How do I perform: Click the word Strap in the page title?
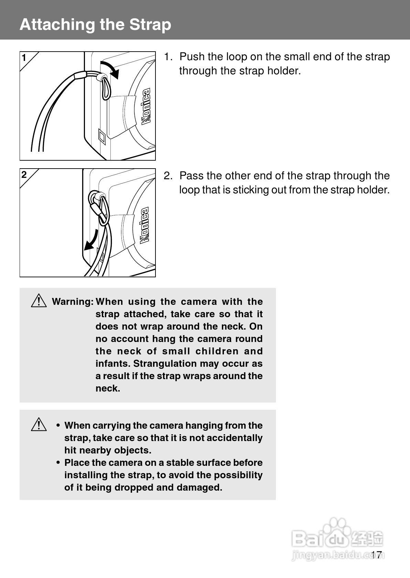(150, 25)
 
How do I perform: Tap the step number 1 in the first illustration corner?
(24, 58)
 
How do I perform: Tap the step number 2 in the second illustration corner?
(24, 175)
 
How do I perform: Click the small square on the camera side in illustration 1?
(102, 136)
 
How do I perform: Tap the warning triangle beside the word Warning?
(39, 301)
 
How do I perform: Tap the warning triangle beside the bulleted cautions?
(39, 425)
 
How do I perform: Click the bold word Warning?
(73, 302)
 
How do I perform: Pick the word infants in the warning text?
(113, 364)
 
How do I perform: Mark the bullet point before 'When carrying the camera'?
(58, 426)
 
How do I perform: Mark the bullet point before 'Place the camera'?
(58, 463)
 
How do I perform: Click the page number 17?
(377, 555)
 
